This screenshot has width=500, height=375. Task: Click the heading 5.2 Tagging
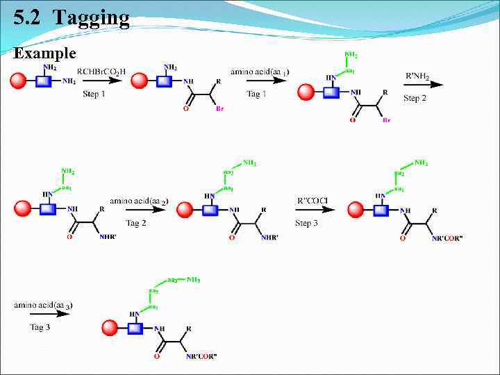coord(72,17)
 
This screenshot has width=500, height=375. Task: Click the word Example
coord(45,53)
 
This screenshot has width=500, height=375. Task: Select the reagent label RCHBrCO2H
coord(101,71)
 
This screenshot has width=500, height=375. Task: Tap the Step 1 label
coord(94,94)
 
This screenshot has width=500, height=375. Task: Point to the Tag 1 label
coord(256,94)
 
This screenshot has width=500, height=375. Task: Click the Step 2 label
coord(415,98)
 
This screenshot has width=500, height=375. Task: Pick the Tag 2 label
coord(136,223)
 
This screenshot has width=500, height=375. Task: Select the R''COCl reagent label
coord(312,201)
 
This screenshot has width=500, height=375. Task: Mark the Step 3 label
coord(307,223)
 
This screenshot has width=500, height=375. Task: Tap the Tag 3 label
coord(40,327)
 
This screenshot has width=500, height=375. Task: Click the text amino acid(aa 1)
coord(260,72)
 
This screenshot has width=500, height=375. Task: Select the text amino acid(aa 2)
coord(139,201)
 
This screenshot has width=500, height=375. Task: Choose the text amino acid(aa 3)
coord(44,305)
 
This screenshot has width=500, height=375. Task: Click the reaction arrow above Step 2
coord(423,85)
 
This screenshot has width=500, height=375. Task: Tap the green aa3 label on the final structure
coord(170,280)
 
